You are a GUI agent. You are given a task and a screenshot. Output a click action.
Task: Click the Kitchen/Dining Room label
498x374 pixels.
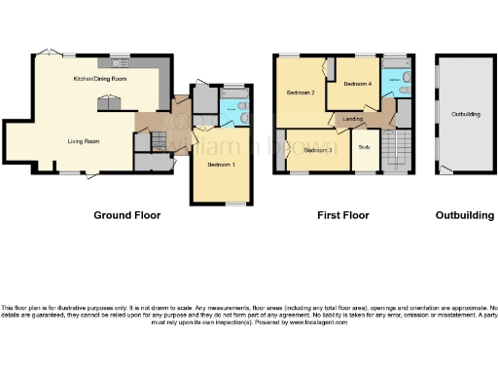coord(100,77)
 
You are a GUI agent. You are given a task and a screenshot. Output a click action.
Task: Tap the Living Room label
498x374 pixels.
coord(84,141)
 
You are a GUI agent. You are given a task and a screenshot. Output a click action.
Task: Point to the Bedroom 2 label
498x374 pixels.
coord(300,93)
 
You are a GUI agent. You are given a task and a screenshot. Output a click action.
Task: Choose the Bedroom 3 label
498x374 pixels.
coord(319,151)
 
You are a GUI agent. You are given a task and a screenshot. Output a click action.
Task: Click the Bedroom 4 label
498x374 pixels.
coord(356,84)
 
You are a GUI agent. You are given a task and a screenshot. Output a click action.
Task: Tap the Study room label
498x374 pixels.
coord(365,147)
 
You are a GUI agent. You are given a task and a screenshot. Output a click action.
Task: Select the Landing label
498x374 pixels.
coord(354,119)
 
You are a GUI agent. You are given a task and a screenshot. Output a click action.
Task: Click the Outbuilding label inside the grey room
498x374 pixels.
coord(465,114)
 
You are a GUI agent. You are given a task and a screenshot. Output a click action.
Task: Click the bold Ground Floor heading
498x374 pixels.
coord(126,214)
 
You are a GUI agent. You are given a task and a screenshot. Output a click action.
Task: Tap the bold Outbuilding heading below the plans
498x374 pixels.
coord(464,214)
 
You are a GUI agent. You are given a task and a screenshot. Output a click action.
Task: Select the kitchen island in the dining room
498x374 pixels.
coord(108,100)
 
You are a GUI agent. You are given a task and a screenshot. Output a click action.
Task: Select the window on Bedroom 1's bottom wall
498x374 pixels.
coord(231,203)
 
